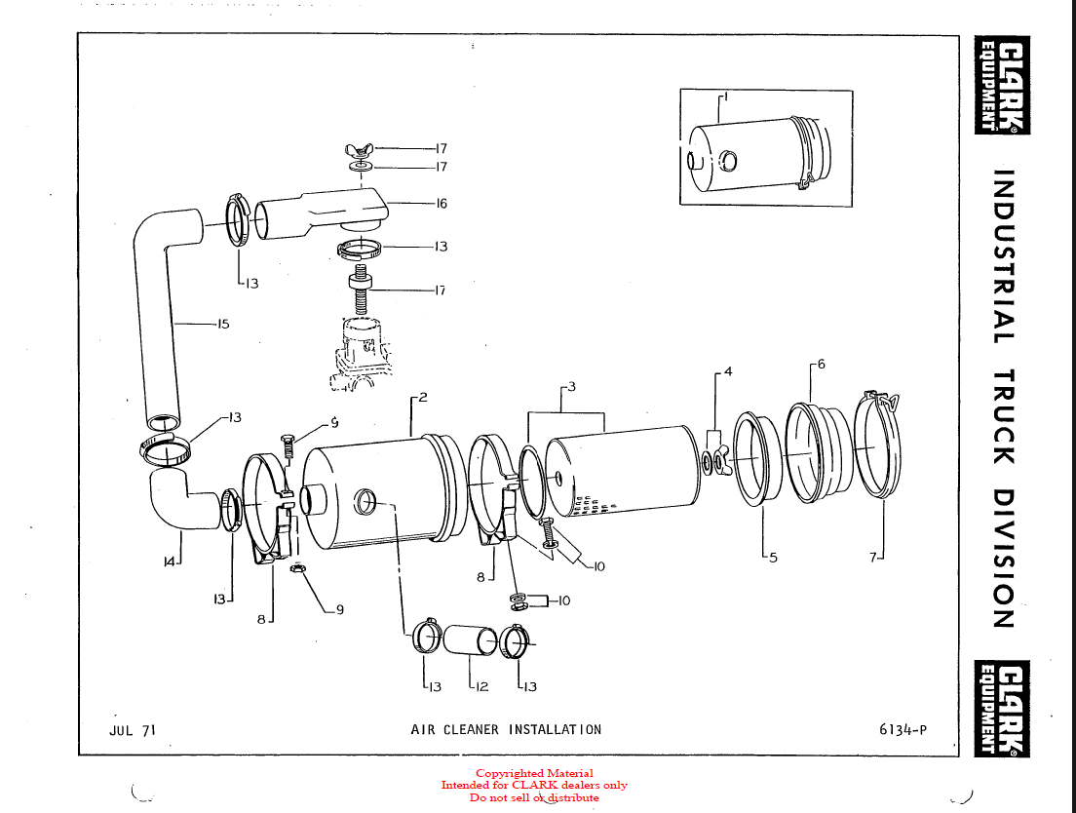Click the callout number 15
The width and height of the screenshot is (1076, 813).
(223, 324)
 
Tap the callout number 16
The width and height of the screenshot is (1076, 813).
(442, 203)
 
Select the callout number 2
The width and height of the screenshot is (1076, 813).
(423, 397)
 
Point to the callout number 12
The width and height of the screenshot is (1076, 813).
(481, 686)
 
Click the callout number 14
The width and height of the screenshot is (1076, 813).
(169, 561)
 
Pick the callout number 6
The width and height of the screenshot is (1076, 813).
(821, 365)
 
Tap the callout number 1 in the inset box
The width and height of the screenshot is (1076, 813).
(726, 97)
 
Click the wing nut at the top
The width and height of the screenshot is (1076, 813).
(360, 149)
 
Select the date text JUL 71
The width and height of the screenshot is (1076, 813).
(133, 730)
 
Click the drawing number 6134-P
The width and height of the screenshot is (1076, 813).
(903, 729)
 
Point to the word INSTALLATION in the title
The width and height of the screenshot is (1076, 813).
(555, 729)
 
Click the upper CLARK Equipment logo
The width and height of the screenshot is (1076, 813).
(1002, 85)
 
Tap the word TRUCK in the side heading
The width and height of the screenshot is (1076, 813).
(1004, 416)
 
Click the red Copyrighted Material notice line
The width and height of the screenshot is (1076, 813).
(534, 773)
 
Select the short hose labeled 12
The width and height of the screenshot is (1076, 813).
(471, 640)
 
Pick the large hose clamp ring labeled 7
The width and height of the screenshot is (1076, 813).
(879, 445)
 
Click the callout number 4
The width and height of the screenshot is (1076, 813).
(728, 371)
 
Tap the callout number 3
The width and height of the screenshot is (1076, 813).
(571, 387)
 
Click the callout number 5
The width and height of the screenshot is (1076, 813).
(774, 558)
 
